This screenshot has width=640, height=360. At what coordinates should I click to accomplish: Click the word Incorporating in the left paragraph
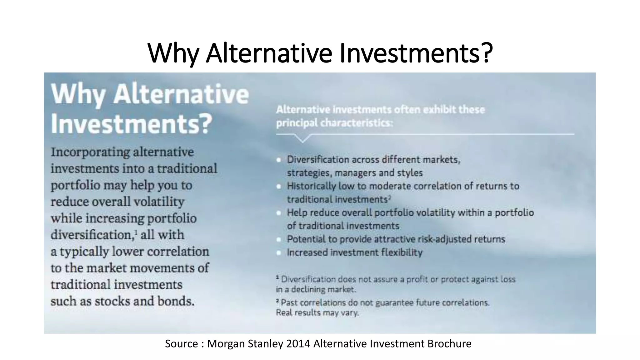tap(90, 152)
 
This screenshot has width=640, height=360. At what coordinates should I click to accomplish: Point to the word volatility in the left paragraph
tap(159, 202)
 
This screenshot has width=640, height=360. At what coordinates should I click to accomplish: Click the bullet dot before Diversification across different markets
tap(279, 160)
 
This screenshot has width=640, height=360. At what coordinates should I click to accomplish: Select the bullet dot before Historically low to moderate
tap(279, 187)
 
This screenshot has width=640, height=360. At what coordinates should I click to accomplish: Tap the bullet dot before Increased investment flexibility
tap(279, 253)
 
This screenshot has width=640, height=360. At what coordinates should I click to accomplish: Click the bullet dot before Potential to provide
tap(279, 240)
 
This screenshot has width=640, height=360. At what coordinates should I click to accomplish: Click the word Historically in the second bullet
tap(311, 186)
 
